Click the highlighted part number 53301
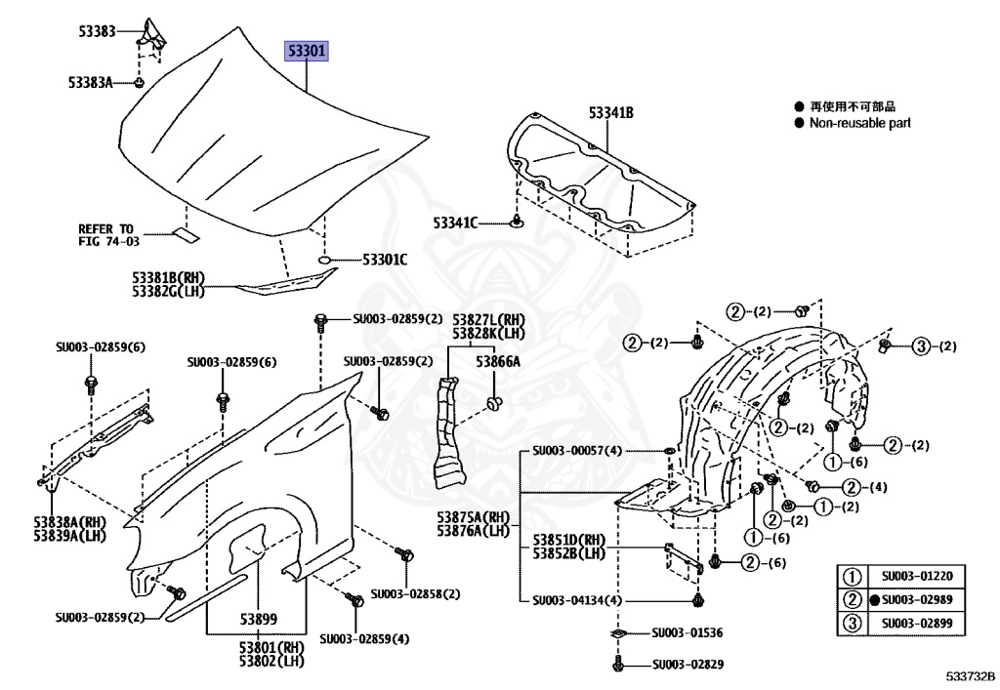click(x=307, y=51)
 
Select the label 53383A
click(x=91, y=82)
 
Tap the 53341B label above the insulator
click(x=610, y=114)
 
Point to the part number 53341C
click(x=456, y=223)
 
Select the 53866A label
click(x=498, y=361)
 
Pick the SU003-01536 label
click(x=687, y=633)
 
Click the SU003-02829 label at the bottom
click(x=687, y=666)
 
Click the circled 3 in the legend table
click(x=853, y=624)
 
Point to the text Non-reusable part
click(x=859, y=123)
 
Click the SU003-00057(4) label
click(x=577, y=451)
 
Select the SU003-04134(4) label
click(x=577, y=600)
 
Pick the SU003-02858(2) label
click(x=415, y=593)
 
